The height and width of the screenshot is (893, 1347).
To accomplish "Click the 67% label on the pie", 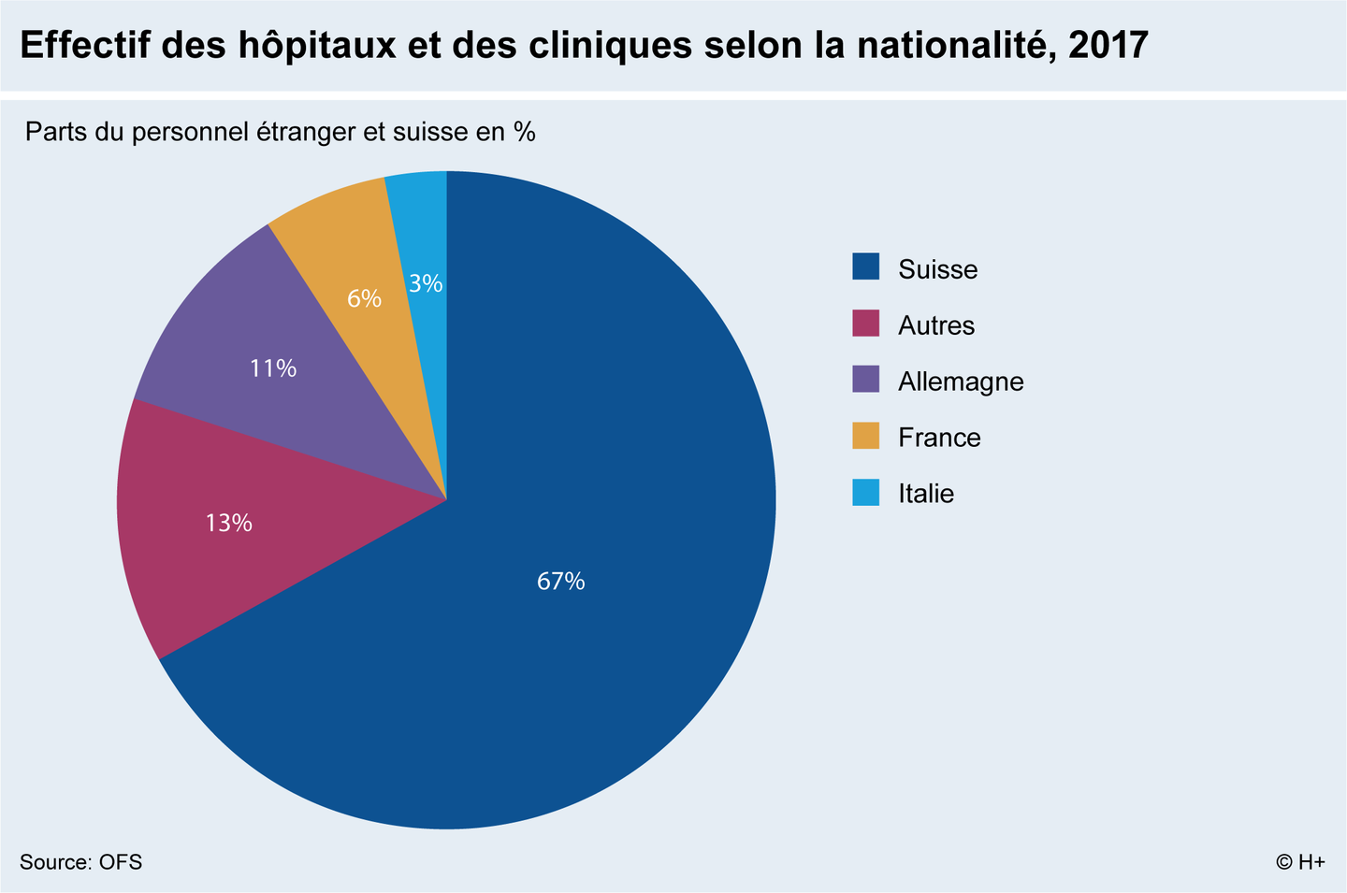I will click(x=561, y=582).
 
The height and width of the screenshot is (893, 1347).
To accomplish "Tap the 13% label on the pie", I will click(x=228, y=523).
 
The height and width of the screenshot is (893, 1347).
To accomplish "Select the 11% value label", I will click(x=273, y=368).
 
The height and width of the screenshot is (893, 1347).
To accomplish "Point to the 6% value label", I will click(x=364, y=298).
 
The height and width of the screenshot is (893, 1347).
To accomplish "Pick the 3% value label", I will click(x=427, y=282).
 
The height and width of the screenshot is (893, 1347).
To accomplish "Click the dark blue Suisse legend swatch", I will click(x=866, y=267).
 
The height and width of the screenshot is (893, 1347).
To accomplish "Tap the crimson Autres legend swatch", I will click(x=866, y=324).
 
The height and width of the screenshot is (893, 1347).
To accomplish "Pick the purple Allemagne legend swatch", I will click(x=866, y=380).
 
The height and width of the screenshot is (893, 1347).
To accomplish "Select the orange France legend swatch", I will click(x=866, y=436).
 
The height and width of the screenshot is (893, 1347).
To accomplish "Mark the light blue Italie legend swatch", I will click(x=866, y=492).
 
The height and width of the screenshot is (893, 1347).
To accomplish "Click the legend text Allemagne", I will click(x=961, y=382).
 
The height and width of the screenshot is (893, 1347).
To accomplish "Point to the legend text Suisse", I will click(x=937, y=269).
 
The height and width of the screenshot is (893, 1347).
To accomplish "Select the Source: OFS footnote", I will click(x=80, y=862).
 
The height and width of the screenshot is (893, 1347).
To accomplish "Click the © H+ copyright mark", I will click(x=1300, y=862).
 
